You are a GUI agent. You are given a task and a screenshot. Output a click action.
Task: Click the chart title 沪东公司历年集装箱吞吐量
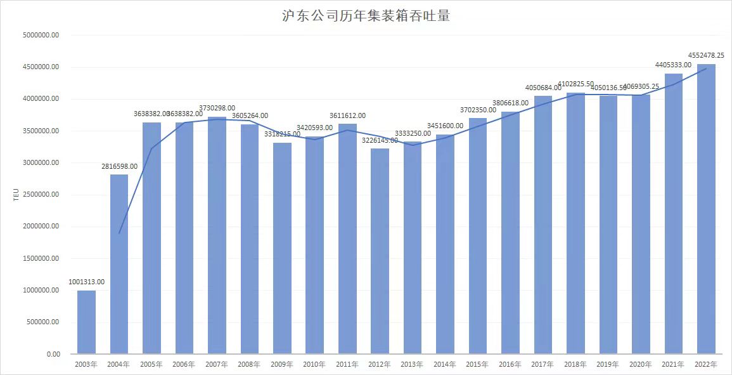click(366, 16)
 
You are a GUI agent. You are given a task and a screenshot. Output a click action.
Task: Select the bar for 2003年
click(86, 322)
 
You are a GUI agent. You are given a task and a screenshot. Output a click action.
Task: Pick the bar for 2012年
click(380, 251)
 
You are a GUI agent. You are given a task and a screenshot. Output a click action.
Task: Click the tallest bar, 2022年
click(706, 209)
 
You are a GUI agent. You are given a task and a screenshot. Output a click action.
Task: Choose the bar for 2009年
click(282, 247)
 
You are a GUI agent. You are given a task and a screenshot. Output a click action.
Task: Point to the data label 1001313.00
click(86, 282)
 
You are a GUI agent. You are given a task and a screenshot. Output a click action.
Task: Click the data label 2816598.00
click(119, 166)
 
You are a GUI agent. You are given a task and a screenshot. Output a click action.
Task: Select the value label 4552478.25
click(706, 55)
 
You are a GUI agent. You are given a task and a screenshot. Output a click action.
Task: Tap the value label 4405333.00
click(674, 65)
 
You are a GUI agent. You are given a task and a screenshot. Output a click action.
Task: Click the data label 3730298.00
click(217, 108)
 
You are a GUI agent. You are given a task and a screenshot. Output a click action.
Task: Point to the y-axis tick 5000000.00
click(40, 36)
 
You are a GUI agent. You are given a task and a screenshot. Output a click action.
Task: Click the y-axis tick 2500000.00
click(40, 195)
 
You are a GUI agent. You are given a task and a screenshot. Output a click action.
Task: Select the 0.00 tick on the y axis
click(53, 354)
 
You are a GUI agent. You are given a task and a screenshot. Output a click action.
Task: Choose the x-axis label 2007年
click(217, 365)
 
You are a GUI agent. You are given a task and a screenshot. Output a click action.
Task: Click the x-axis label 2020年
click(641, 365)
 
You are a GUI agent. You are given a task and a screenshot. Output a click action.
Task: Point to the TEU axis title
click(16, 195)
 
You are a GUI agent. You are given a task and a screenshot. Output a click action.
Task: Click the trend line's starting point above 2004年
click(119, 233)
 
